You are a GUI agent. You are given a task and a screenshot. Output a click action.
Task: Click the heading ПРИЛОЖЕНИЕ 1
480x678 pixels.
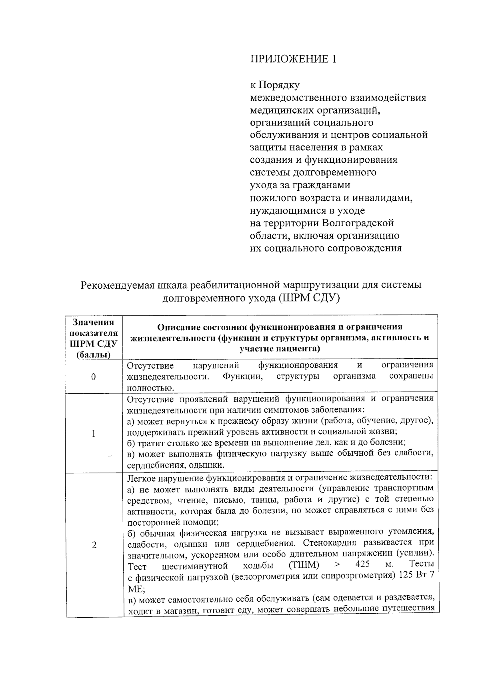pos(293,59)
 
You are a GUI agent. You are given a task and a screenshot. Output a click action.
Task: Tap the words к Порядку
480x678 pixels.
pos(275,85)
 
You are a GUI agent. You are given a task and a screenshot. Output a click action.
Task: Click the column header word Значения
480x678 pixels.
pos(94,323)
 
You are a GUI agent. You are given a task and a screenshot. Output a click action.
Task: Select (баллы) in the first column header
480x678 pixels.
pos(94,354)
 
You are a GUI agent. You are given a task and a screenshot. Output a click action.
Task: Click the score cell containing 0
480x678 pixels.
pos(94,377)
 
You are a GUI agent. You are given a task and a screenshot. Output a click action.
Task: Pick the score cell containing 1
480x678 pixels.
pos(94,433)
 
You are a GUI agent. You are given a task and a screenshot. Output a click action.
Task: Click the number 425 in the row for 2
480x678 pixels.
pos(362,565)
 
